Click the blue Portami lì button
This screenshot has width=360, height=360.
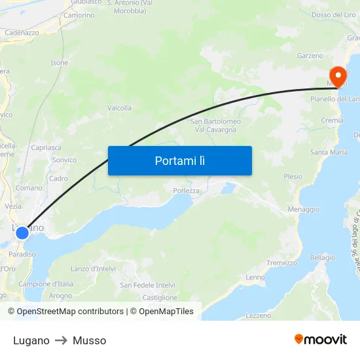pyautogui.click(x=179, y=160)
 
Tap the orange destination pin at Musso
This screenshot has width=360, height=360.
pyautogui.click(x=339, y=77)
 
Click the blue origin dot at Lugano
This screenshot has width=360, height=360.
pyautogui.click(x=22, y=232)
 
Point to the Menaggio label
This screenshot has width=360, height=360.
pyautogui.click(x=304, y=209)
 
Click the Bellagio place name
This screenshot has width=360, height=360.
pyautogui.click(x=322, y=257)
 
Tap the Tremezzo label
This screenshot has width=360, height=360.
pyautogui.click(x=281, y=263)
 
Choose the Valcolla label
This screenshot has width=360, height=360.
pyautogui.click(x=119, y=108)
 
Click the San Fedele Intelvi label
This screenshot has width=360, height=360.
pyautogui.click(x=147, y=285)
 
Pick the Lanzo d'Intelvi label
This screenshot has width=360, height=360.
pyautogui.click(x=93, y=269)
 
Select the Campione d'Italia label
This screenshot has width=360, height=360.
pyautogui.click(x=46, y=284)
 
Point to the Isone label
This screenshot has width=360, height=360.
pyautogui.click(x=59, y=63)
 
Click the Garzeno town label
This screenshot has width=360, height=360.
pyautogui.click(x=310, y=56)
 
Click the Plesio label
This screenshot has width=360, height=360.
pyautogui.click(x=293, y=177)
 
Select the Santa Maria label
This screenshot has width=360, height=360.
pyautogui.click(x=329, y=153)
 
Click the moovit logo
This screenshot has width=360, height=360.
pyautogui.click(x=320, y=340)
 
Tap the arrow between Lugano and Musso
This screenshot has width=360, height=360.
pyautogui.click(x=61, y=340)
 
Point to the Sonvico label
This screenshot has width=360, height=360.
pyautogui.click(x=64, y=160)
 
